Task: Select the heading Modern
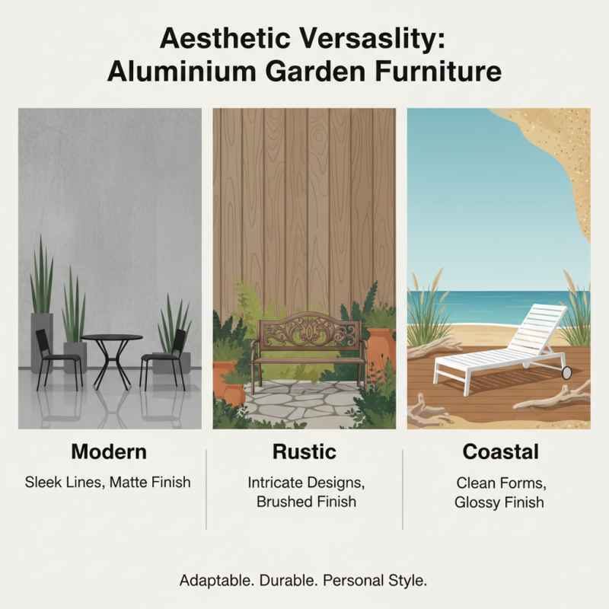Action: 109,451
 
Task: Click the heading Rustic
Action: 304,451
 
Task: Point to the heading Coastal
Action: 500,451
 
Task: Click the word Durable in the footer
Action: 289,580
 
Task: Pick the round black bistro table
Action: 112,338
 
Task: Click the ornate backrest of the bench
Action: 308,333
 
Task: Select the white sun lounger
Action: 502,343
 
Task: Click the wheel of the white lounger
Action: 566,372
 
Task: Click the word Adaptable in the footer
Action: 216,580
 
